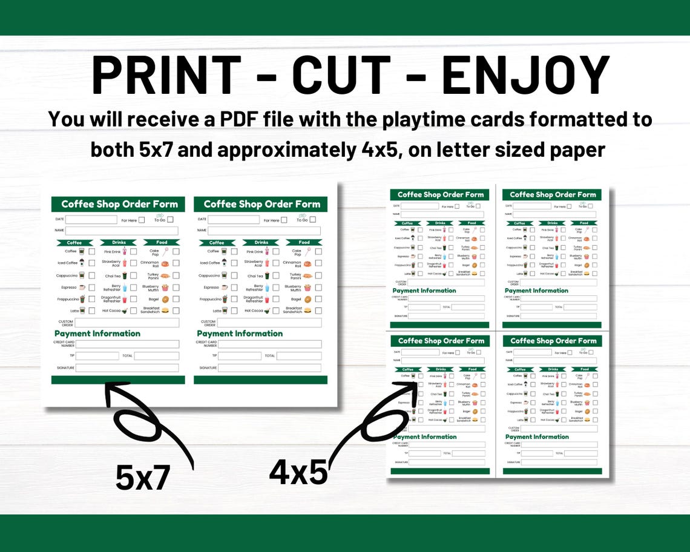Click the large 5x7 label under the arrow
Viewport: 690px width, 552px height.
click(143, 478)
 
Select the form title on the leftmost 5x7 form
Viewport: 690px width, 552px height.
click(119, 205)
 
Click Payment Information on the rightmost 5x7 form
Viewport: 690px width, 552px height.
click(240, 333)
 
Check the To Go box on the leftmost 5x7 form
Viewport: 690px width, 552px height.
click(170, 220)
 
